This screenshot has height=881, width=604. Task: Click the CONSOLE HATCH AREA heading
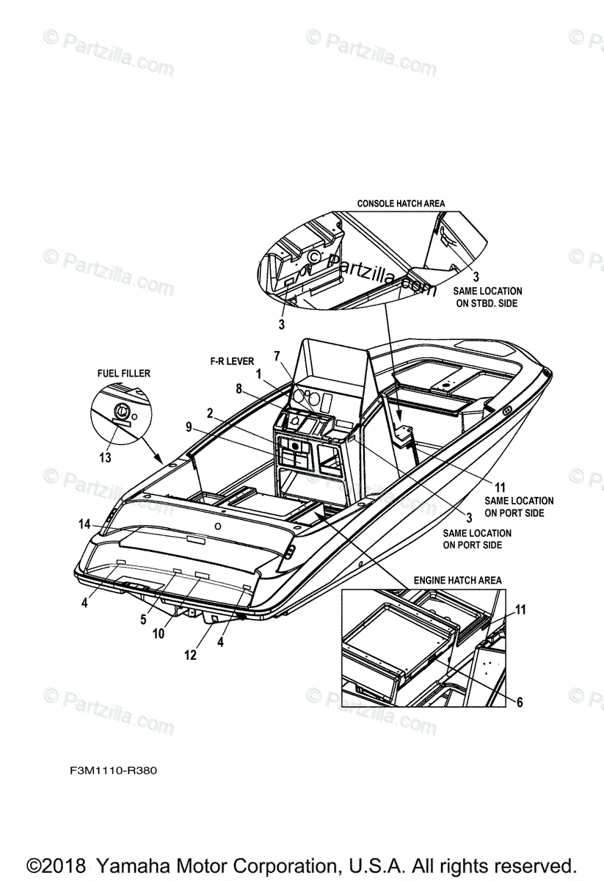tap(401, 203)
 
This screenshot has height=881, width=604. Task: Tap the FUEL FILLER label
tap(124, 374)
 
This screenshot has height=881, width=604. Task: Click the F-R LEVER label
tap(230, 362)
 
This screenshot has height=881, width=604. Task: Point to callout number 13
tap(105, 457)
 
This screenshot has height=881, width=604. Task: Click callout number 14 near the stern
tap(84, 524)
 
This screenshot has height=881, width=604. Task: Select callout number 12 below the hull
tap(190, 655)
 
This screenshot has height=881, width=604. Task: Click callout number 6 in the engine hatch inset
tap(519, 703)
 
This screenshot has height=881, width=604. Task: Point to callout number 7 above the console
tap(277, 356)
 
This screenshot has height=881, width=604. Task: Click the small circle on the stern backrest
tap(217, 527)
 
